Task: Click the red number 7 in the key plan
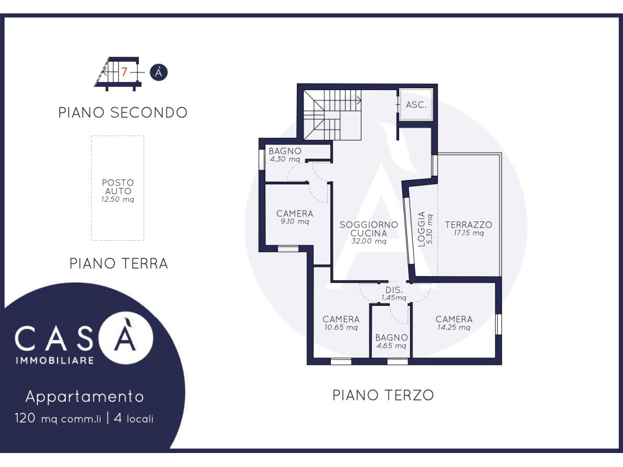pyautogui.click(x=124, y=72)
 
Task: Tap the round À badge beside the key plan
pyautogui.click(x=159, y=72)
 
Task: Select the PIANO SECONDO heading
pyautogui.click(x=123, y=112)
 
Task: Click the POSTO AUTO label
pyautogui.click(x=117, y=187)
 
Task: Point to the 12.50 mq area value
pyautogui.click(x=117, y=199)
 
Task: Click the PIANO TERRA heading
pyautogui.click(x=119, y=263)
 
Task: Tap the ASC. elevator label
pyautogui.click(x=416, y=105)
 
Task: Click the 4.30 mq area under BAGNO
pyautogui.click(x=285, y=159)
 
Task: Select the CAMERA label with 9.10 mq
pyautogui.click(x=295, y=213)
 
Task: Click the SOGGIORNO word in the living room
pyautogui.click(x=369, y=225)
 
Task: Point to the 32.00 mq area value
pyautogui.click(x=369, y=241)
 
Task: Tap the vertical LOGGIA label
pyautogui.click(x=422, y=229)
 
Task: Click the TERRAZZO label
pyautogui.click(x=468, y=225)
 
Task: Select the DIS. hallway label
pyautogui.click(x=394, y=290)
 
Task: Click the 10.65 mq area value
pyautogui.click(x=341, y=328)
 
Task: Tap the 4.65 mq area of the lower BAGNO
pyautogui.click(x=391, y=346)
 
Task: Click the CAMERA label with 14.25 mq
pyautogui.click(x=454, y=319)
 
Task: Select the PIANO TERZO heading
pyautogui.click(x=383, y=395)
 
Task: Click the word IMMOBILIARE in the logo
pyautogui.click(x=55, y=360)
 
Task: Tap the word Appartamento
pyautogui.click(x=85, y=396)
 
